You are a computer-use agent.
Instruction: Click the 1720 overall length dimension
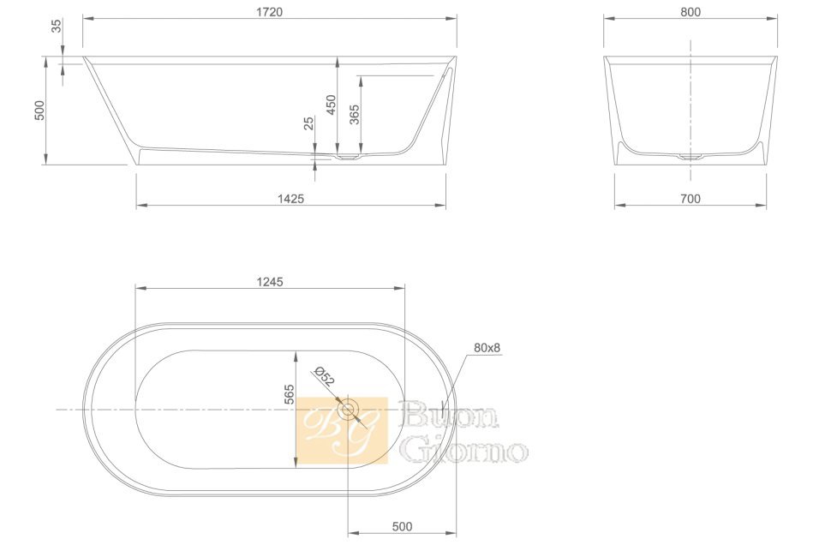(269, 12)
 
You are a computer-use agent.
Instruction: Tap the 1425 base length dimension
(291, 198)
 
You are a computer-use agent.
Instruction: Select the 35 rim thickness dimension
(57, 26)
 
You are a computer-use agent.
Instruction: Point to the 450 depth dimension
(331, 105)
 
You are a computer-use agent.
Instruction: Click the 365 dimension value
(354, 115)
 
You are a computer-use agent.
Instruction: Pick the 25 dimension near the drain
(308, 123)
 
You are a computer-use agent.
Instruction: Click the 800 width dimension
(691, 12)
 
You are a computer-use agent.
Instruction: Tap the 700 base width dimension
(690, 199)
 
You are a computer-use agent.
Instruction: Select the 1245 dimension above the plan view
(270, 282)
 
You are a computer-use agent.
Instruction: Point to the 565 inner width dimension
(289, 394)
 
